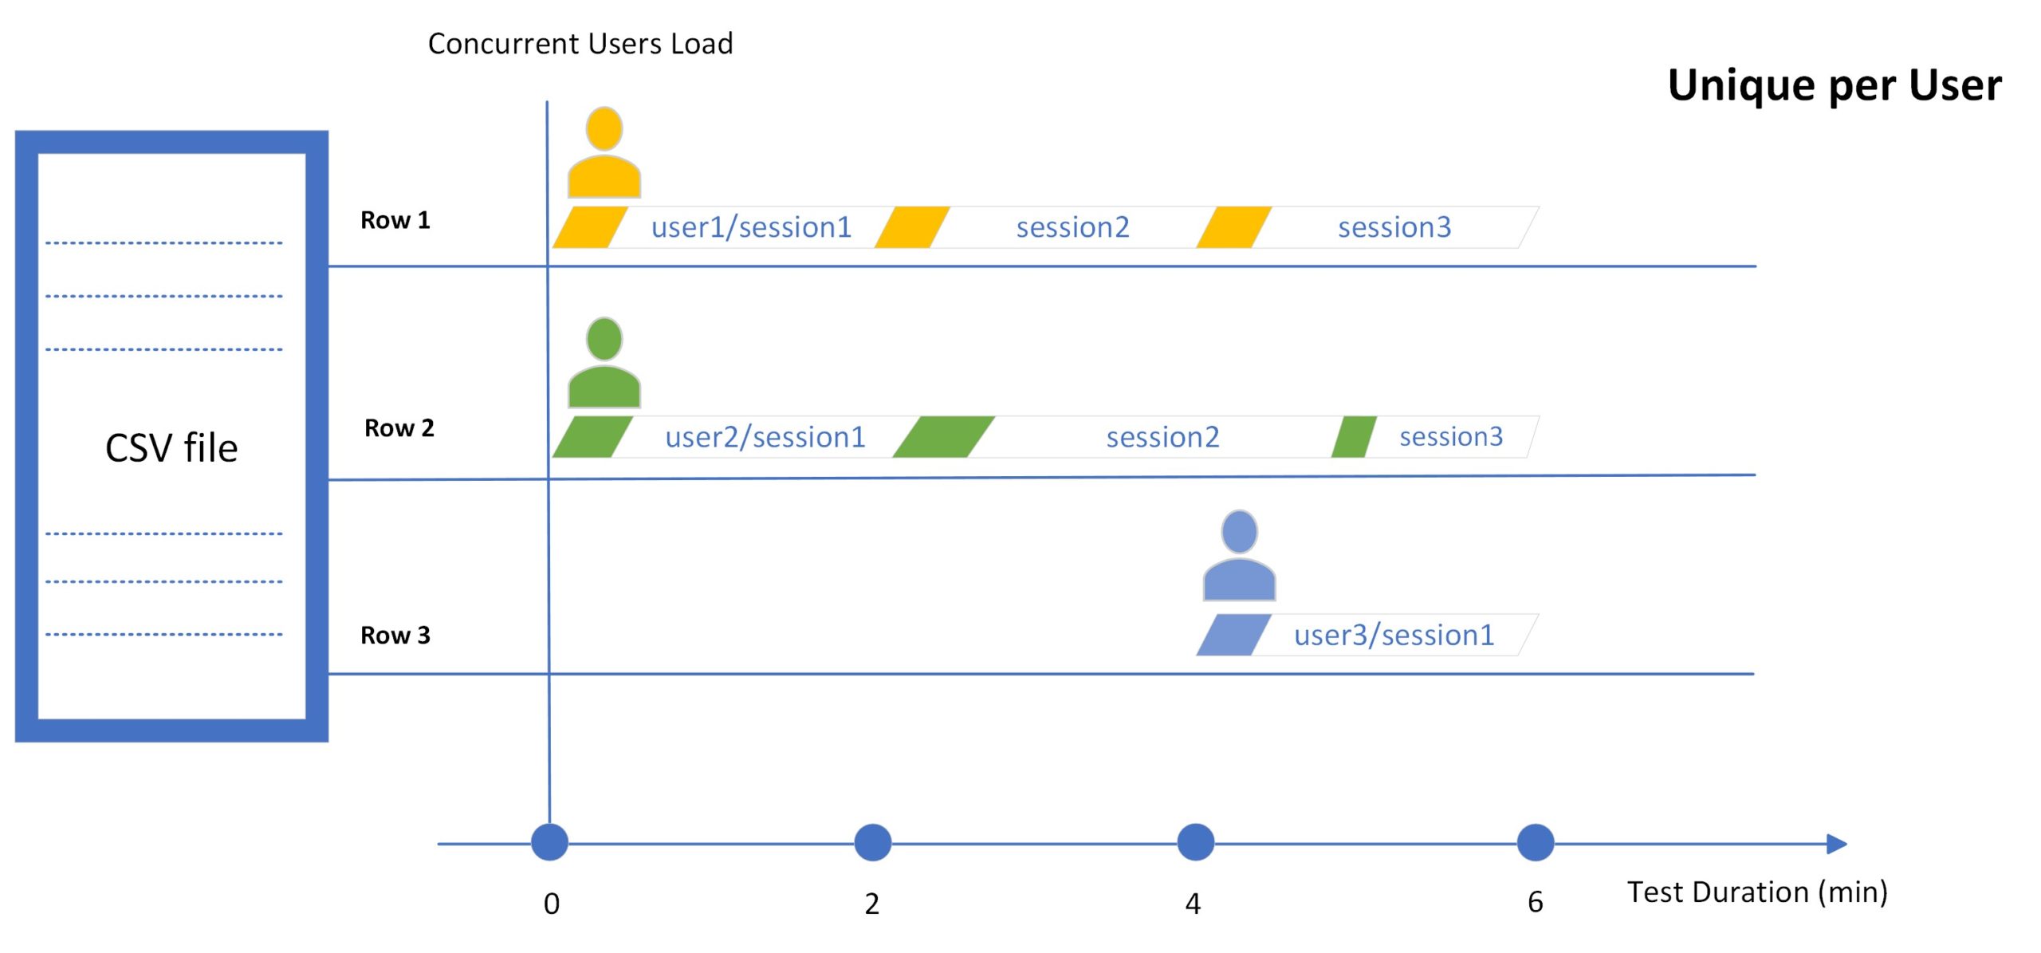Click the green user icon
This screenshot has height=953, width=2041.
pos(604,363)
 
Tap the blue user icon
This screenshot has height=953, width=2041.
pos(1239,555)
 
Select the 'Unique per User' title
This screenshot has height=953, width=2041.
pos(1835,85)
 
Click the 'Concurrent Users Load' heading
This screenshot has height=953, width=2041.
pos(580,44)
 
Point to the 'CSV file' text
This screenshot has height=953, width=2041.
pos(171,447)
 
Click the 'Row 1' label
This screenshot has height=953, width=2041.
pos(395,220)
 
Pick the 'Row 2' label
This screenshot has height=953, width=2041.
pos(399,428)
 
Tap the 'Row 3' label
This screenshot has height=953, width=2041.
pos(395,636)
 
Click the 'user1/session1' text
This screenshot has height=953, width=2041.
pos(751,228)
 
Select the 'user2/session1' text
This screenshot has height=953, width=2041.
pos(765,438)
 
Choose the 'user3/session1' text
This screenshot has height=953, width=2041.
pos(1394,636)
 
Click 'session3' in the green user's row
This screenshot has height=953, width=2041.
pos(1451,437)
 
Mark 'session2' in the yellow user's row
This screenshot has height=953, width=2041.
pos(1072,228)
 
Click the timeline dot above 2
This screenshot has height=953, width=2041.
pos(872,843)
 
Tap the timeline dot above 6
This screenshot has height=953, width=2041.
pos(1535,843)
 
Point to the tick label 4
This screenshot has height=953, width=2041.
pos(1193,904)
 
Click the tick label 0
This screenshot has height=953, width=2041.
pos(552,904)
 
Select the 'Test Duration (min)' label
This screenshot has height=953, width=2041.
pos(1757,892)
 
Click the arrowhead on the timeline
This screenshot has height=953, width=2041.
pos(1837,844)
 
